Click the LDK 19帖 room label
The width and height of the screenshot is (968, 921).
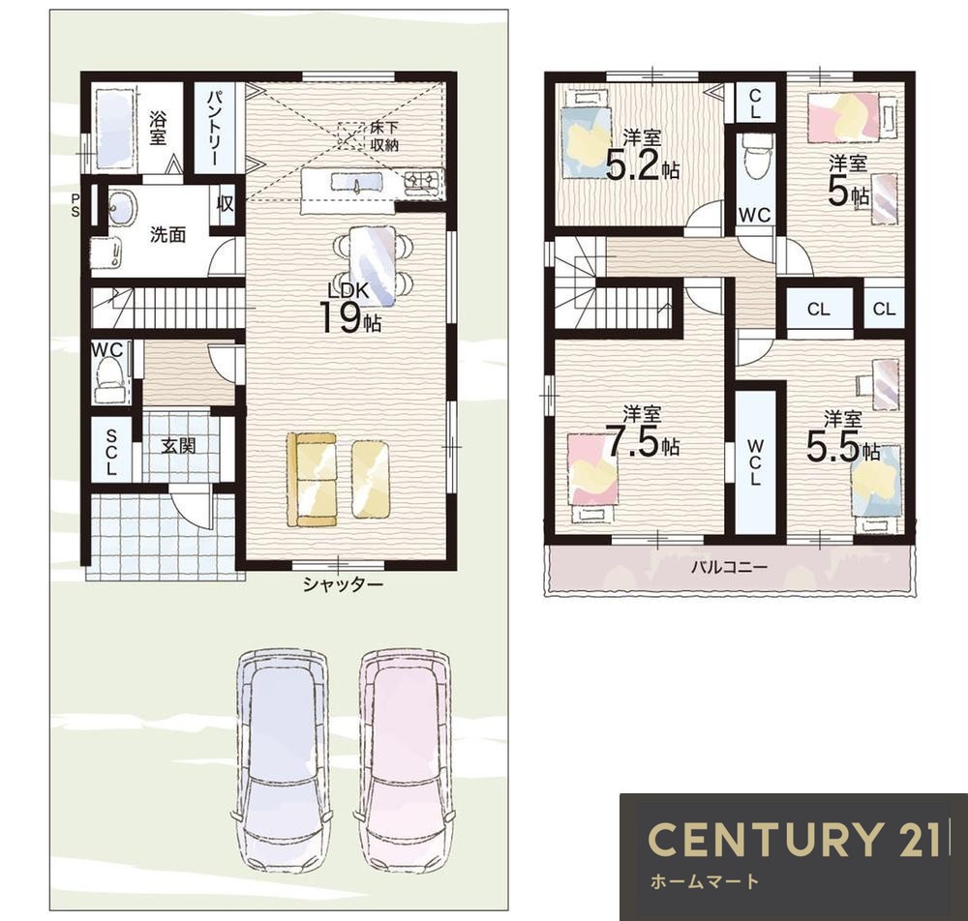pos(349,308)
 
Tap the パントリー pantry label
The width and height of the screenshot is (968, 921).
pos(214,128)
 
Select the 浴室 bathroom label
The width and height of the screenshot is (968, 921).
pos(158,128)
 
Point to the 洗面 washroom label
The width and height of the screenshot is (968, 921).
pos(167,234)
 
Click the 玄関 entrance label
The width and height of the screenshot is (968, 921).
pos(178,445)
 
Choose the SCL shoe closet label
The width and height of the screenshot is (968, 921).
pos(111,452)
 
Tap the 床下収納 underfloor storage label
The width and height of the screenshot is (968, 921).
pos(384,136)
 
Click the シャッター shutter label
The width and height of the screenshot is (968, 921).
pos(343,584)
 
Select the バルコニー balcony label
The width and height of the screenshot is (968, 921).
pos(729,566)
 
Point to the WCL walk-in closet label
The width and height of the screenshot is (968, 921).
pos(754,462)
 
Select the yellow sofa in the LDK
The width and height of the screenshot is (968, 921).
pos(312,479)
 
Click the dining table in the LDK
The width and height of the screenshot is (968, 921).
pos(373,265)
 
